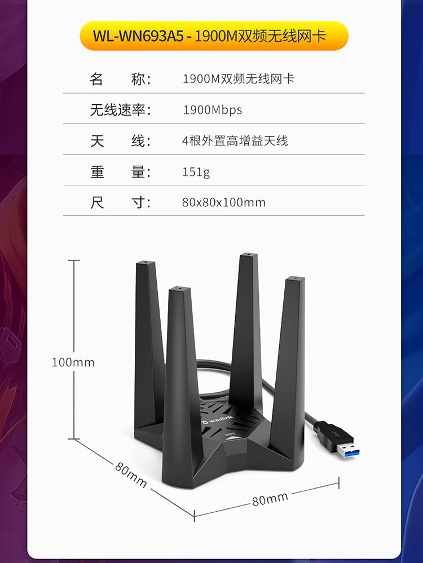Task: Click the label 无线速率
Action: coord(121,110)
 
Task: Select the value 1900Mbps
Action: coord(213,110)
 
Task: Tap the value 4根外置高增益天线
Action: coord(235,141)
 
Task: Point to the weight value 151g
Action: coord(196,172)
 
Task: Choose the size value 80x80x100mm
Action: coord(223,202)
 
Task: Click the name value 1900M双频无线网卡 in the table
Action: coord(239,79)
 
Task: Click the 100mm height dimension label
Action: coord(73,362)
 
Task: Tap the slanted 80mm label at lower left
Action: coord(131,475)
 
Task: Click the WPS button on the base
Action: coord(230,435)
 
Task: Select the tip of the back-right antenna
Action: coord(246,256)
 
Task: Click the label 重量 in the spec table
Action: coord(121,172)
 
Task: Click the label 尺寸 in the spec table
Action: coord(121,202)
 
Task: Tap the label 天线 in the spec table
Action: coord(121,141)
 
